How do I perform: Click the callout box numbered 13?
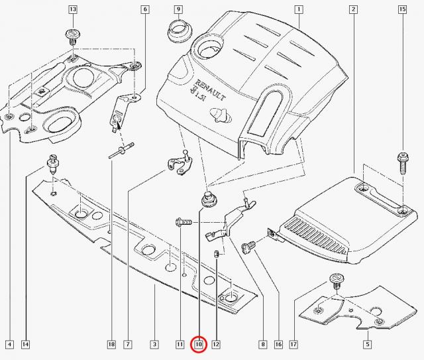(x=72, y=9)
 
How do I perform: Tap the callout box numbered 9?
(x=178, y=9)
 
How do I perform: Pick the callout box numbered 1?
(x=299, y=9)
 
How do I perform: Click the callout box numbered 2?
(x=354, y=9)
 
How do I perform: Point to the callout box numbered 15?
(x=401, y=9)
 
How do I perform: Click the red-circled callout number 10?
(x=198, y=344)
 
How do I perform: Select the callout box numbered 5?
(x=367, y=344)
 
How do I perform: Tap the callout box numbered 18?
(x=111, y=344)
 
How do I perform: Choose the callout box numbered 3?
(x=153, y=344)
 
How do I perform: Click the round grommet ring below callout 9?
(x=178, y=30)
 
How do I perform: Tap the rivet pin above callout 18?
(x=122, y=150)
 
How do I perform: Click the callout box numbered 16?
(x=278, y=344)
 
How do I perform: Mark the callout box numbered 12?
(x=215, y=344)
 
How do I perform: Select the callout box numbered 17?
(x=293, y=344)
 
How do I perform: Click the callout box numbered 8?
(x=262, y=344)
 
